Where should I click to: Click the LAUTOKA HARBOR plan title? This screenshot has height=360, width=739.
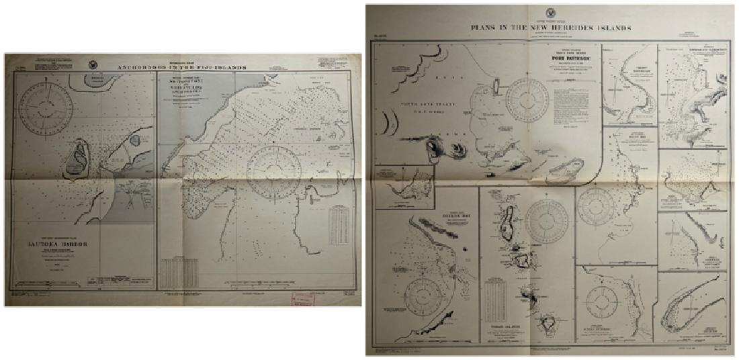[67, 244]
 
